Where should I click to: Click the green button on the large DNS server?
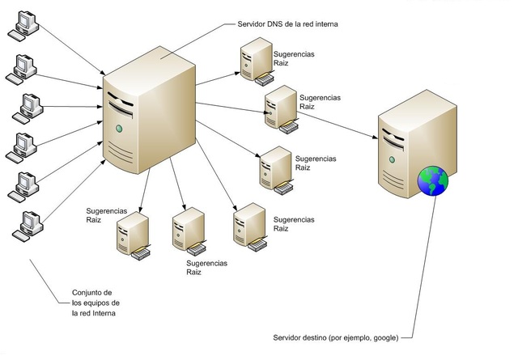pos(119,129)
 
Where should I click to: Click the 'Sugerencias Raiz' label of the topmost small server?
pos(295,60)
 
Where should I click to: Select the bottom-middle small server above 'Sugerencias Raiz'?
pos(188,228)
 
